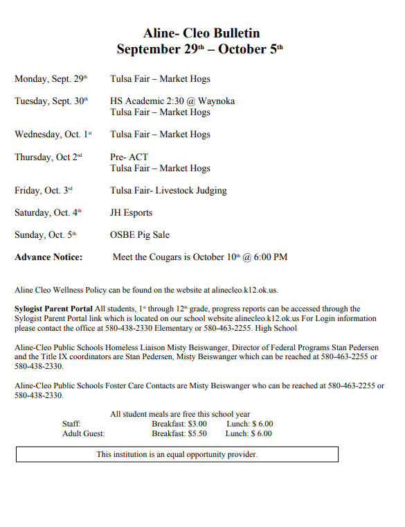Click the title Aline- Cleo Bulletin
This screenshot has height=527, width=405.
tap(201, 33)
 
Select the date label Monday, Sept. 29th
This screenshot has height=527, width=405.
tap(51, 79)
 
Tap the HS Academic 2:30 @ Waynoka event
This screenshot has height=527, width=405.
tap(172, 101)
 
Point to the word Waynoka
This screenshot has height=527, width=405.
tap(216, 101)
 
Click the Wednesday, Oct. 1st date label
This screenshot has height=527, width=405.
tap(53, 135)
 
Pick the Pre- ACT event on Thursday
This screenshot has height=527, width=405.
tap(129, 157)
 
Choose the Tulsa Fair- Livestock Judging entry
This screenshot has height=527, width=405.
tap(168, 191)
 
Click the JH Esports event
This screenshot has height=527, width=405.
tap(131, 213)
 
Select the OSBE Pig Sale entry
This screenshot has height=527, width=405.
tap(139, 235)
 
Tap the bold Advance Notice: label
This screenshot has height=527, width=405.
tap(48, 257)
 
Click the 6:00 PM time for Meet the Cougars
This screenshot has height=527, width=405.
tap(269, 257)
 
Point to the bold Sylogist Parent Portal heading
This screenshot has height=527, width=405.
tap(53, 309)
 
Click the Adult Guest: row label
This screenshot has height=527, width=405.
tap(83, 433)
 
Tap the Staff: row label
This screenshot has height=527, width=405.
tap(71, 424)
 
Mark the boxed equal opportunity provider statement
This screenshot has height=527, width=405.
tap(177, 455)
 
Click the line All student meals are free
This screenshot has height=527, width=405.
tap(180, 414)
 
